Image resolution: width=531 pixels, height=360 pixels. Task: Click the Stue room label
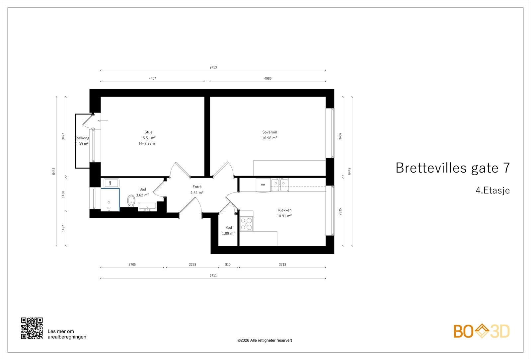pyautogui.click(x=148, y=132)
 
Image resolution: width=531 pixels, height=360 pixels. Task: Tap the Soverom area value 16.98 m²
pyautogui.click(x=269, y=138)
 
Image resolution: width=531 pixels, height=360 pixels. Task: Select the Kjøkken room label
pyautogui.click(x=284, y=210)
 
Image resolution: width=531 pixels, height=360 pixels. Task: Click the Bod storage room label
pyautogui.click(x=228, y=228)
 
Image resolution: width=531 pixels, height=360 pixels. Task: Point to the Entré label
pyautogui.click(x=197, y=187)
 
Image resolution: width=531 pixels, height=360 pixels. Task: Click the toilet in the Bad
pyautogui.click(x=131, y=200)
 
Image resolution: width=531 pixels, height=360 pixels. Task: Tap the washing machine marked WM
pyautogui.click(x=110, y=183)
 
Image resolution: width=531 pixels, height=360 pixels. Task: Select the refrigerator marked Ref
pyautogui.click(x=263, y=185)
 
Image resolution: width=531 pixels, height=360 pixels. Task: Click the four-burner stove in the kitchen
pyautogui.click(x=247, y=223)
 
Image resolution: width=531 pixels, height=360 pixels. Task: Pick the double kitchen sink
pyautogui.click(x=280, y=184)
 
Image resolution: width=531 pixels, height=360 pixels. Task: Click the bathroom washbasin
pyautogui.click(x=147, y=207)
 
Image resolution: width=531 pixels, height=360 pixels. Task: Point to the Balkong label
pyautogui.click(x=82, y=138)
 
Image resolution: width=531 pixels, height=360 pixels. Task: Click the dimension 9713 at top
pyautogui.click(x=213, y=67)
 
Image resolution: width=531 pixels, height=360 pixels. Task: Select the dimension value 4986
pyautogui.click(x=267, y=79)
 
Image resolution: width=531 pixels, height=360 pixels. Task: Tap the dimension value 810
pyautogui.click(x=228, y=265)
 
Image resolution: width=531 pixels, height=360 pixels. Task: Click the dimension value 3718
pyautogui.click(x=282, y=265)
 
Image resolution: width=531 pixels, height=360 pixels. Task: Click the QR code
pyautogui.click(x=32, y=328)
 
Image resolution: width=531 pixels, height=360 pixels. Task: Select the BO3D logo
pyautogui.click(x=481, y=331)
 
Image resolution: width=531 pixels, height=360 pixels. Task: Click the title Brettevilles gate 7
pyautogui.click(x=452, y=168)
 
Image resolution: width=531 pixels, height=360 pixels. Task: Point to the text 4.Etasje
pyautogui.click(x=492, y=190)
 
